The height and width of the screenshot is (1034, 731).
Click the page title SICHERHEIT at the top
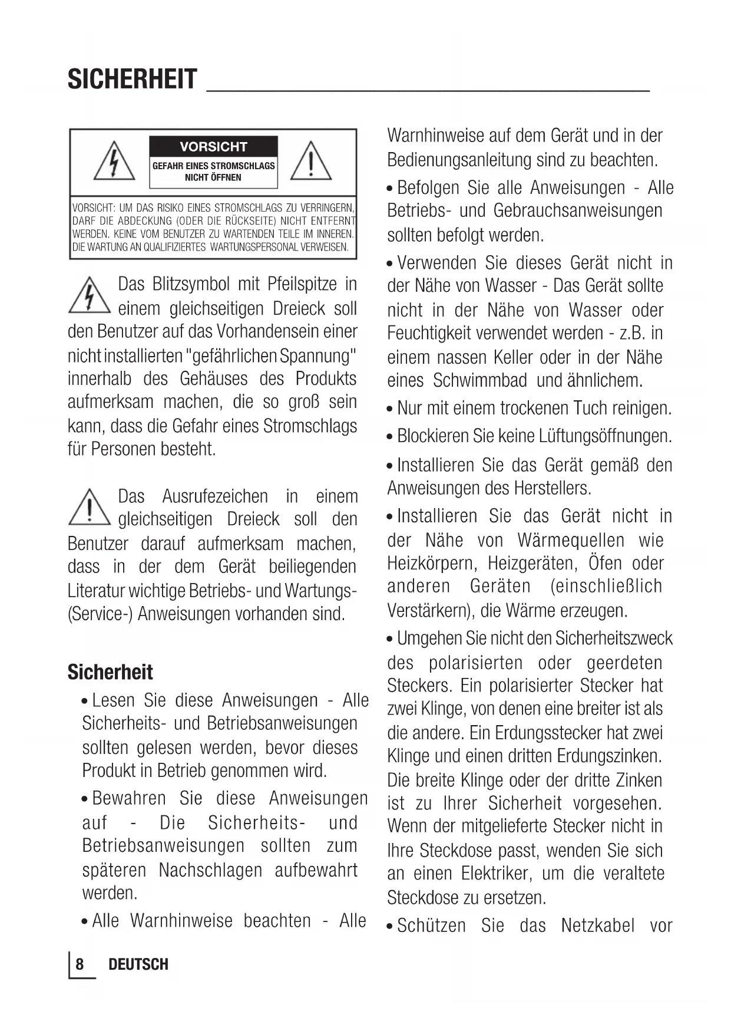(x=132, y=80)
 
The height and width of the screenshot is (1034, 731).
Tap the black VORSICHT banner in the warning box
(x=213, y=147)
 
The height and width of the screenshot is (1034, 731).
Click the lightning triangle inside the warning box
(x=114, y=161)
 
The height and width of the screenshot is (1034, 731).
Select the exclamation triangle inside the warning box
(x=310, y=161)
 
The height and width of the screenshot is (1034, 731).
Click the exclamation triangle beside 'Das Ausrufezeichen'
(x=89, y=507)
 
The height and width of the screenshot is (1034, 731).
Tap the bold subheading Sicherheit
(x=110, y=672)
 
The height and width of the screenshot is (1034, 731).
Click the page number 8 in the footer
(x=80, y=964)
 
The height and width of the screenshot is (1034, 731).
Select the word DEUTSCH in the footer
(x=138, y=964)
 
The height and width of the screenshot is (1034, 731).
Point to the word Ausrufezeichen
(x=215, y=496)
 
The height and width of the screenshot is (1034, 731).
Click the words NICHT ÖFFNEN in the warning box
(x=213, y=177)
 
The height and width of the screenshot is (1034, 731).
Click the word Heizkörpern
(x=432, y=564)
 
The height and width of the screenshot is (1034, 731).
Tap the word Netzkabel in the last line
(x=598, y=926)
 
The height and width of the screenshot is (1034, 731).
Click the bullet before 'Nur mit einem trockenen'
(x=390, y=409)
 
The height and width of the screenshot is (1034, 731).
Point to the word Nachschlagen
(x=210, y=870)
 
